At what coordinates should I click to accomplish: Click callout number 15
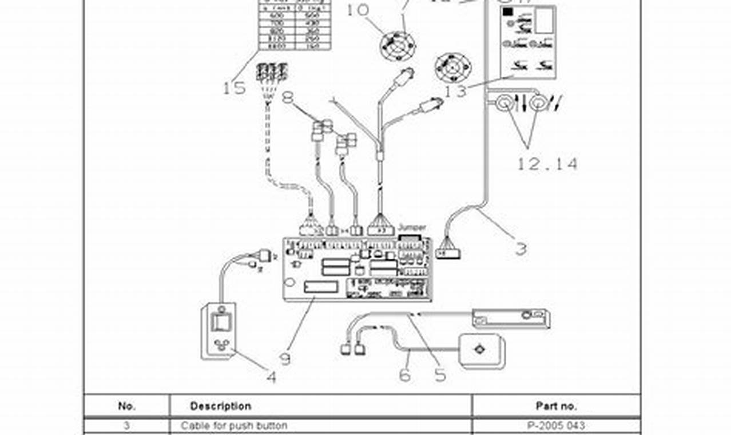click(x=233, y=88)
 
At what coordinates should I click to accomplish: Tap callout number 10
click(x=357, y=10)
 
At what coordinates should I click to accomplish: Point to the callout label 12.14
click(x=547, y=164)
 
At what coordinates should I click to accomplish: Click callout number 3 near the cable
click(x=521, y=249)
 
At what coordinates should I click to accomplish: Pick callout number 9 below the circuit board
click(x=285, y=359)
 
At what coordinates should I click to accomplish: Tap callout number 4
click(x=271, y=377)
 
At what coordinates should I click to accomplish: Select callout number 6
click(x=405, y=375)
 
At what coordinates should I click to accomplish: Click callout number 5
click(x=440, y=374)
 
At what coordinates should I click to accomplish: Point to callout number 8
click(x=288, y=97)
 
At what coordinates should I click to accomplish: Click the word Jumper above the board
click(x=412, y=227)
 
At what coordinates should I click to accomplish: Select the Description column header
click(x=220, y=406)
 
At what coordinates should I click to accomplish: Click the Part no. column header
click(x=556, y=406)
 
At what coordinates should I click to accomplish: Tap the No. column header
click(x=126, y=406)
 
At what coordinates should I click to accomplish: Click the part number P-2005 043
click(x=555, y=426)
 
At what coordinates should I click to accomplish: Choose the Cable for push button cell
click(x=234, y=426)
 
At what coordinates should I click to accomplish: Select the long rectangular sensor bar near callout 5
click(x=511, y=318)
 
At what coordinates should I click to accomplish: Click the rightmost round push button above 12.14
click(x=537, y=103)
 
